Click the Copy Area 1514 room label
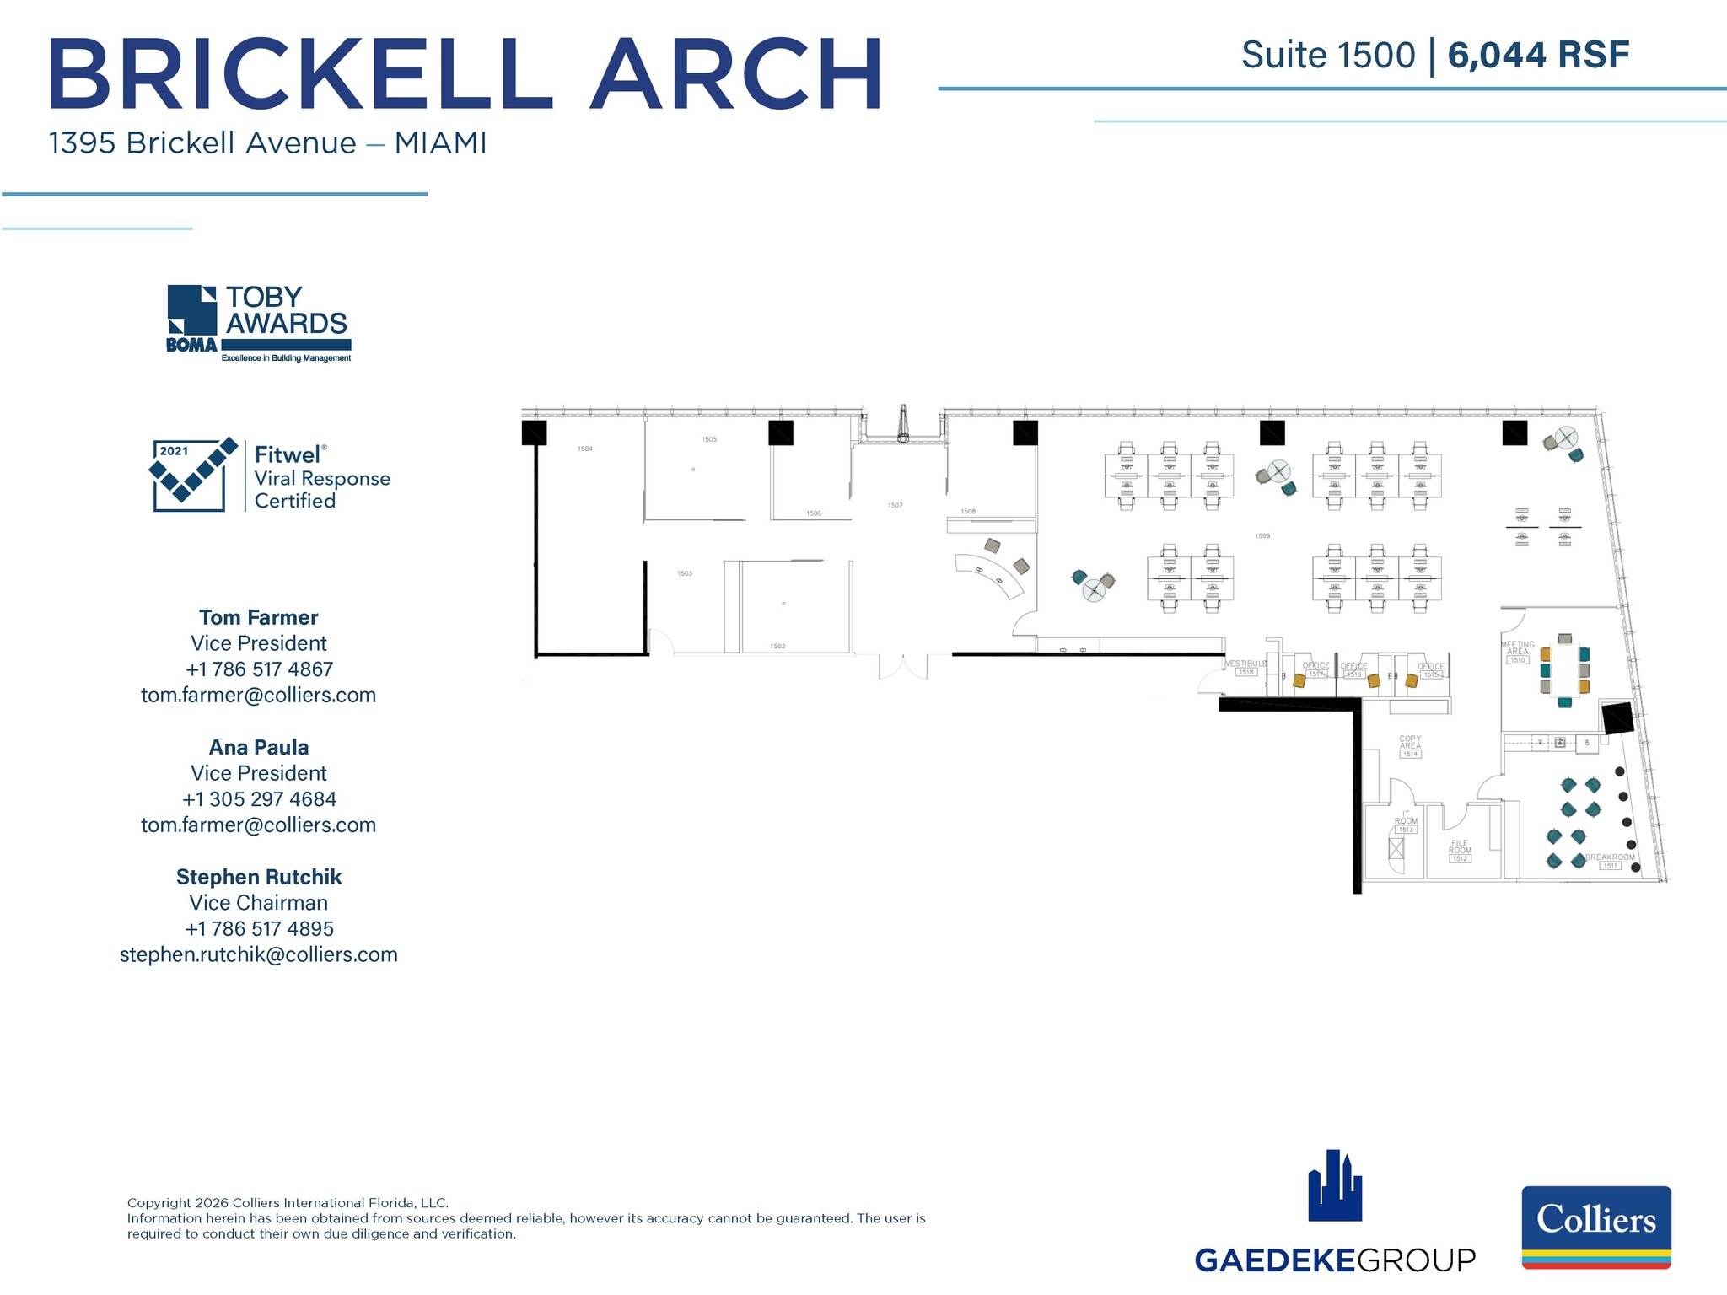[1410, 746]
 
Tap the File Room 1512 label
[1460, 851]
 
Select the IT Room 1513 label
[1406, 822]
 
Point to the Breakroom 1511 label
[1610, 860]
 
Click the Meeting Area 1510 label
[1517, 652]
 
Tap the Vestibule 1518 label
[1245, 667]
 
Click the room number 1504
[584, 449]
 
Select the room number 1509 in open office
[1262, 535]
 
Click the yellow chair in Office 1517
[1299, 681]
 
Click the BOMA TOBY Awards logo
[258, 324]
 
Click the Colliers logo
[1595, 1226]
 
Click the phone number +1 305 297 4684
[259, 798]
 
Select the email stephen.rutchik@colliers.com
[259, 954]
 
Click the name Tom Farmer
[259, 617]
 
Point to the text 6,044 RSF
[1538, 56]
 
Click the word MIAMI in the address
[440, 143]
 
